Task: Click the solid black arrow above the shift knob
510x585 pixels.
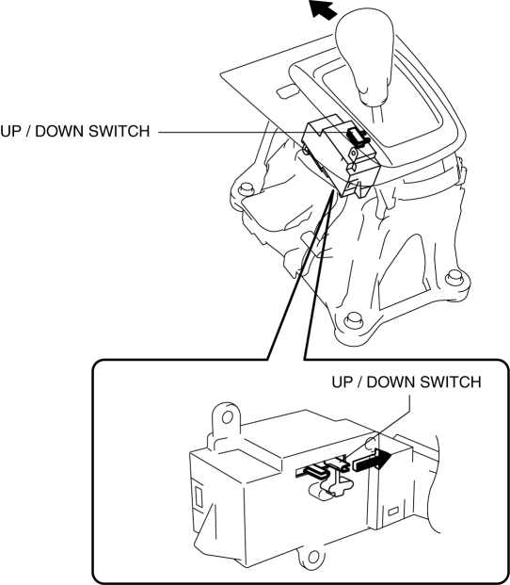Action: [323, 9]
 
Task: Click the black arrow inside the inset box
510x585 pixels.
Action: [372, 460]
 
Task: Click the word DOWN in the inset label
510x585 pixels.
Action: [390, 382]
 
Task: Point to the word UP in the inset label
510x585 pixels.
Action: [342, 382]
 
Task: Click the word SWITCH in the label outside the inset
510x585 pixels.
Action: [120, 131]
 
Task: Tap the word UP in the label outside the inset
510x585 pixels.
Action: [10, 131]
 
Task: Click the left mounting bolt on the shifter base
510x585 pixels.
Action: [246, 187]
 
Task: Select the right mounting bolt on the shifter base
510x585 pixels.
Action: [453, 276]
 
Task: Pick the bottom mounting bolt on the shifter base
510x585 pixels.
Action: [351, 319]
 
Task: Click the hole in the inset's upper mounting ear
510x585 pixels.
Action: [228, 417]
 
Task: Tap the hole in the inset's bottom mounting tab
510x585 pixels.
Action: [313, 559]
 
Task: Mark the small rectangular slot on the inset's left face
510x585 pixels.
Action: [199, 497]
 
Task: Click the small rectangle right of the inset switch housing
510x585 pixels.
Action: [392, 512]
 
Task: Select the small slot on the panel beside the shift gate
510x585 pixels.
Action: [287, 91]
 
